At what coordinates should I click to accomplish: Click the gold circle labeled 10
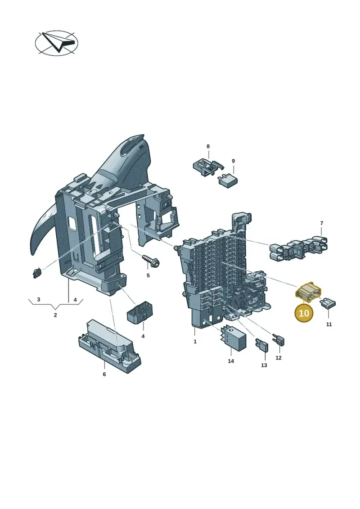304,313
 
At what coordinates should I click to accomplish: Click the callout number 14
231,361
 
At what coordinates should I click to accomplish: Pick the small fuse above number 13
261,346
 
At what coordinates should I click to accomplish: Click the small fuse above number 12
279,340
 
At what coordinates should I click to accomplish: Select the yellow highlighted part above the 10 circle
308,291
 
